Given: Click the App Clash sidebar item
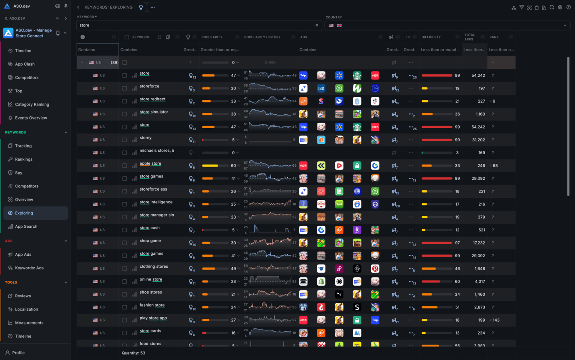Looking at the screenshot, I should pos(25,64).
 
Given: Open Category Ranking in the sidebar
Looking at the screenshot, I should pos(32,104).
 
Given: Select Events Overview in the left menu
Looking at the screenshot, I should pos(31,118).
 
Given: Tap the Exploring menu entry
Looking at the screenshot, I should pos(24,213).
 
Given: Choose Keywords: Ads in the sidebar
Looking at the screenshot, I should pos(29,268).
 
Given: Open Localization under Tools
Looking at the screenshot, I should pos(26,309).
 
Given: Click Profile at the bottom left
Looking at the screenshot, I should pos(18,352).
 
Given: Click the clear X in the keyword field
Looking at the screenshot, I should pos(317,25).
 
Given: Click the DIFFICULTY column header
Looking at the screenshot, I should pos(431,37).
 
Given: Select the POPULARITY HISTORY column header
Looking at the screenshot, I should pos(262,37).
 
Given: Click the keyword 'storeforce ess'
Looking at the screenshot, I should pos(153,189).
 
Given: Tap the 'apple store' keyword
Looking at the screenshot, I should pos(151,163).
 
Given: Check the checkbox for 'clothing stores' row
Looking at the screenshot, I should pos(125,269).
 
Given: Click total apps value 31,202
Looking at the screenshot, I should pos(478,140).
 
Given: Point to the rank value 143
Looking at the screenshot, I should pos(496,320).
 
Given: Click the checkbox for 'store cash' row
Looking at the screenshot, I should pos(125,230).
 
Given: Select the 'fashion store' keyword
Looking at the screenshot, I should pos(152,305).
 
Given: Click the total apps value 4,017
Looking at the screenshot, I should pos(480,281).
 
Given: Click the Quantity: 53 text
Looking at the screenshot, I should pos(133,353).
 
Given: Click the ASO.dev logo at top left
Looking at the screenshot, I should pos(7,6).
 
